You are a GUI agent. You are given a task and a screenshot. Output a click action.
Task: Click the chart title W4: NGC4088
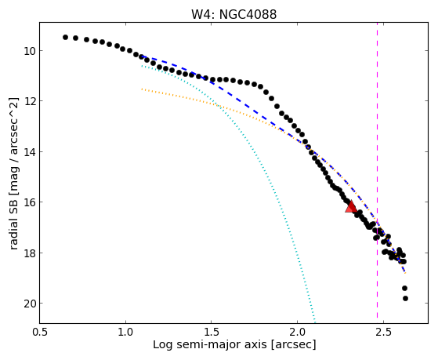click(233, 14)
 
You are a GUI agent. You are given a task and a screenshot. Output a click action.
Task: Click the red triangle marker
click(351, 207)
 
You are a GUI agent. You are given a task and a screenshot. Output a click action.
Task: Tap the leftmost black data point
click(65, 37)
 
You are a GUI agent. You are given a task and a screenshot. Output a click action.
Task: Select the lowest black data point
click(405, 299)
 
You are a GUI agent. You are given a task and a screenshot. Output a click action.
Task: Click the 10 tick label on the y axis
click(30, 51)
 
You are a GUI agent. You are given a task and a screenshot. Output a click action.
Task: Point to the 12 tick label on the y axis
click(30, 101)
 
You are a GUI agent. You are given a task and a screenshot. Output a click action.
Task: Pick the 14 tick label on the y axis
click(30, 152)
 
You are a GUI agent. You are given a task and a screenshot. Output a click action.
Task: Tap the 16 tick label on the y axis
click(30, 202)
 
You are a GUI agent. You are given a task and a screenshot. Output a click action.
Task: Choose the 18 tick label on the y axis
click(30, 253)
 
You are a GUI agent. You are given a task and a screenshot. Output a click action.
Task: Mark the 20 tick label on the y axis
click(30, 304)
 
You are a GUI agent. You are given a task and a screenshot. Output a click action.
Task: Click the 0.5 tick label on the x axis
click(40, 332)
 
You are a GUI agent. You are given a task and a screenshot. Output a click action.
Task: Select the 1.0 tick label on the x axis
click(125, 332)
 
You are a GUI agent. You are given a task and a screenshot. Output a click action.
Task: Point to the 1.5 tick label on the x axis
click(212, 332)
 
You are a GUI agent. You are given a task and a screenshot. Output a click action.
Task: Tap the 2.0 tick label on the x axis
click(298, 332)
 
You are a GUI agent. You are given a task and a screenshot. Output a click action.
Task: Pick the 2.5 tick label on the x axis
click(383, 332)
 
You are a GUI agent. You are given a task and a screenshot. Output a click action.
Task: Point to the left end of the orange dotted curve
click(142, 89)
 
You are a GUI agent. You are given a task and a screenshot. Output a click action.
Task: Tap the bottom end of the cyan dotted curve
click(315, 322)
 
